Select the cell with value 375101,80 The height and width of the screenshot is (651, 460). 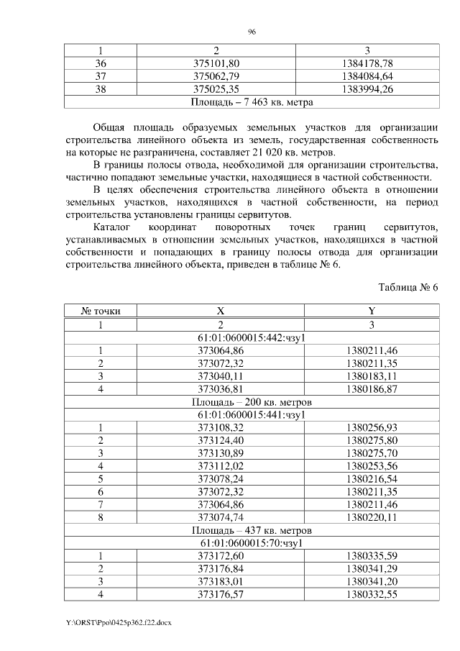216,63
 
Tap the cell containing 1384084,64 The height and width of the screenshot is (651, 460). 367,76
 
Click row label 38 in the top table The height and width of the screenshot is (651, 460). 101,89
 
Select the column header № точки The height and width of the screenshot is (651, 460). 101,311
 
